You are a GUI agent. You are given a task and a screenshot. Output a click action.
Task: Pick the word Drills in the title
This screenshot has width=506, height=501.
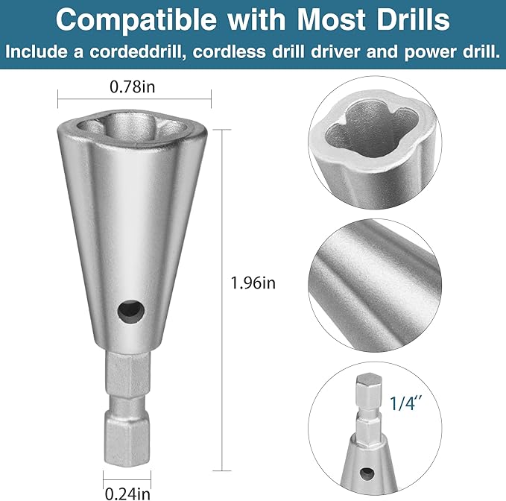coord(412,20)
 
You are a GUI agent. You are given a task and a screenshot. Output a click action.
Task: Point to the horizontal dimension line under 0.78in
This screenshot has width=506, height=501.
coord(135,98)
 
